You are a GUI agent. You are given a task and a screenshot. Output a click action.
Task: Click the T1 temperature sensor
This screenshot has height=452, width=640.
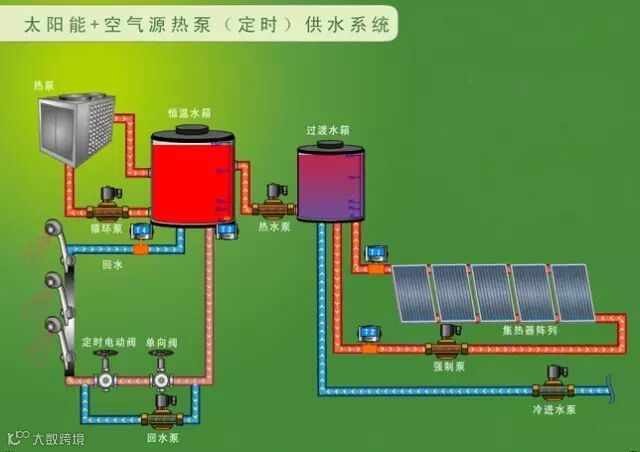pyautogui.click(x=376, y=251)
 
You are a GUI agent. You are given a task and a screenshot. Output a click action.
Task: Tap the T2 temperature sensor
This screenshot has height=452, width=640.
pyautogui.click(x=369, y=331)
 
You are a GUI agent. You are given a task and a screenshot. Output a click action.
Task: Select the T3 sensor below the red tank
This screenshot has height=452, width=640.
pyautogui.click(x=227, y=230)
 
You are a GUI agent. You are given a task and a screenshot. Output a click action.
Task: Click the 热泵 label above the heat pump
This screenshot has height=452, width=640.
pyautogui.click(x=45, y=58)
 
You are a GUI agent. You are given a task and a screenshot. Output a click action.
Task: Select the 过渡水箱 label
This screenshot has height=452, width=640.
pyautogui.click(x=327, y=130)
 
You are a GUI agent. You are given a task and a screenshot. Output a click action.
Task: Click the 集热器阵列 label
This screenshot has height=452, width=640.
pyautogui.click(x=525, y=329)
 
